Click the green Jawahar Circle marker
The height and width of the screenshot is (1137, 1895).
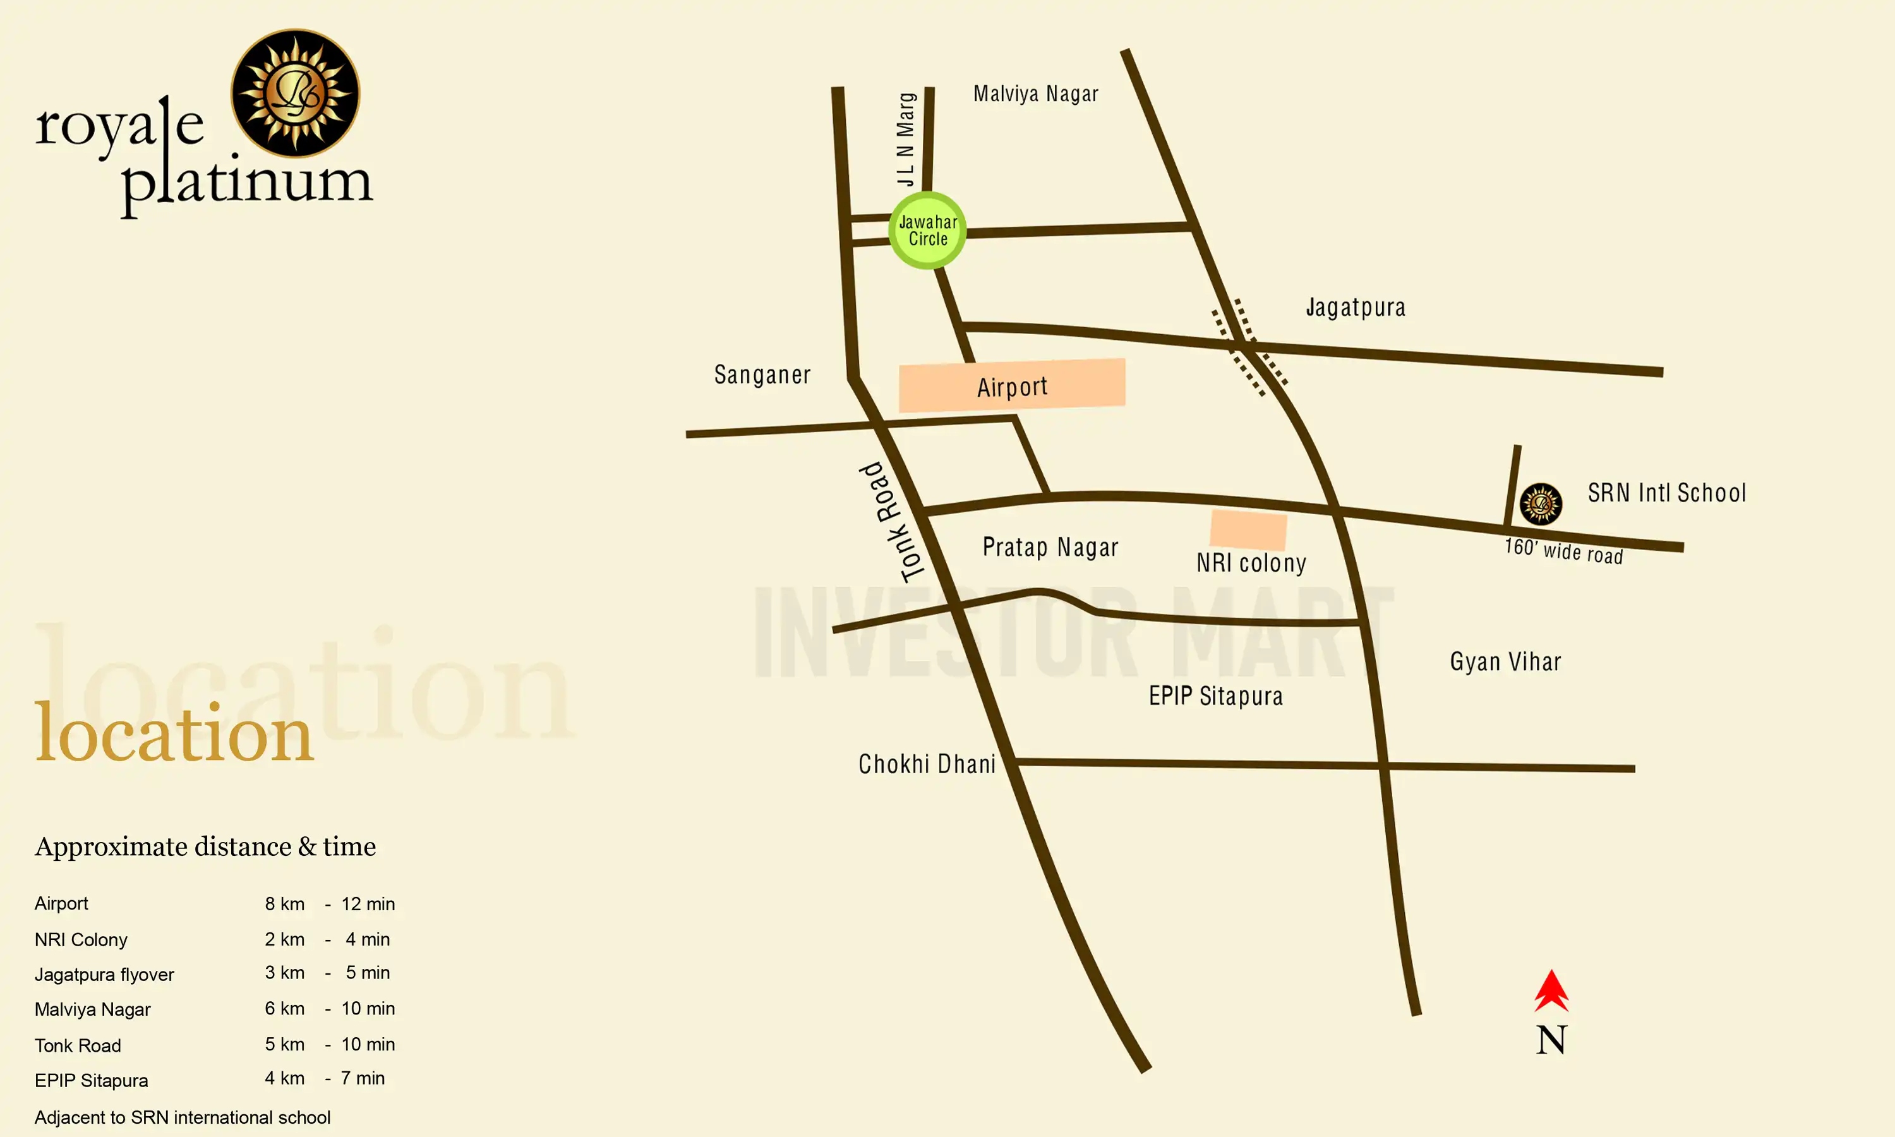click(x=927, y=231)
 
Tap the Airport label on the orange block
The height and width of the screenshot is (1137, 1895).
click(x=1012, y=387)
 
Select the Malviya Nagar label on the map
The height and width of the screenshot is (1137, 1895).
click(x=1035, y=94)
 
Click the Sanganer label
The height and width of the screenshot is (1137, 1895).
click(x=762, y=375)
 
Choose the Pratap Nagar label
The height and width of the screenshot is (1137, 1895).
click(x=1050, y=547)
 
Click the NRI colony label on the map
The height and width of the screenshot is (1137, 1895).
click(x=1251, y=563)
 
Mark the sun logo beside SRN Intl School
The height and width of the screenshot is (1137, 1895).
click(x=1541, y=504)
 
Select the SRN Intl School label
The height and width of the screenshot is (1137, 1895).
click(x=1667, y=493)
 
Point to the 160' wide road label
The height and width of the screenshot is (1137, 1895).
click(x=1563, y=551)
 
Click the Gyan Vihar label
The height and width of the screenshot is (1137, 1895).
click(x=1505, y=661)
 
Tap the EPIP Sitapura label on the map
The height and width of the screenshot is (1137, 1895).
click(x=1215, y=695)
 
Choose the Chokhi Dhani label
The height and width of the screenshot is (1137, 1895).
click(x=927, y=764)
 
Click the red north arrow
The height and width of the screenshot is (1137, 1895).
click(x=1551, y=992)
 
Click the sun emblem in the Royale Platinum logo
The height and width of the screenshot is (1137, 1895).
click(x=295, y=93)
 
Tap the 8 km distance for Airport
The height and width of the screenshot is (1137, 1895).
click(x=285, y=904)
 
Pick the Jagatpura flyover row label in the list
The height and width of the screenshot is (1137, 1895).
click(x=104, y=975)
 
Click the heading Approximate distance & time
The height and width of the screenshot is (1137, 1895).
click(x=205, y=846)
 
